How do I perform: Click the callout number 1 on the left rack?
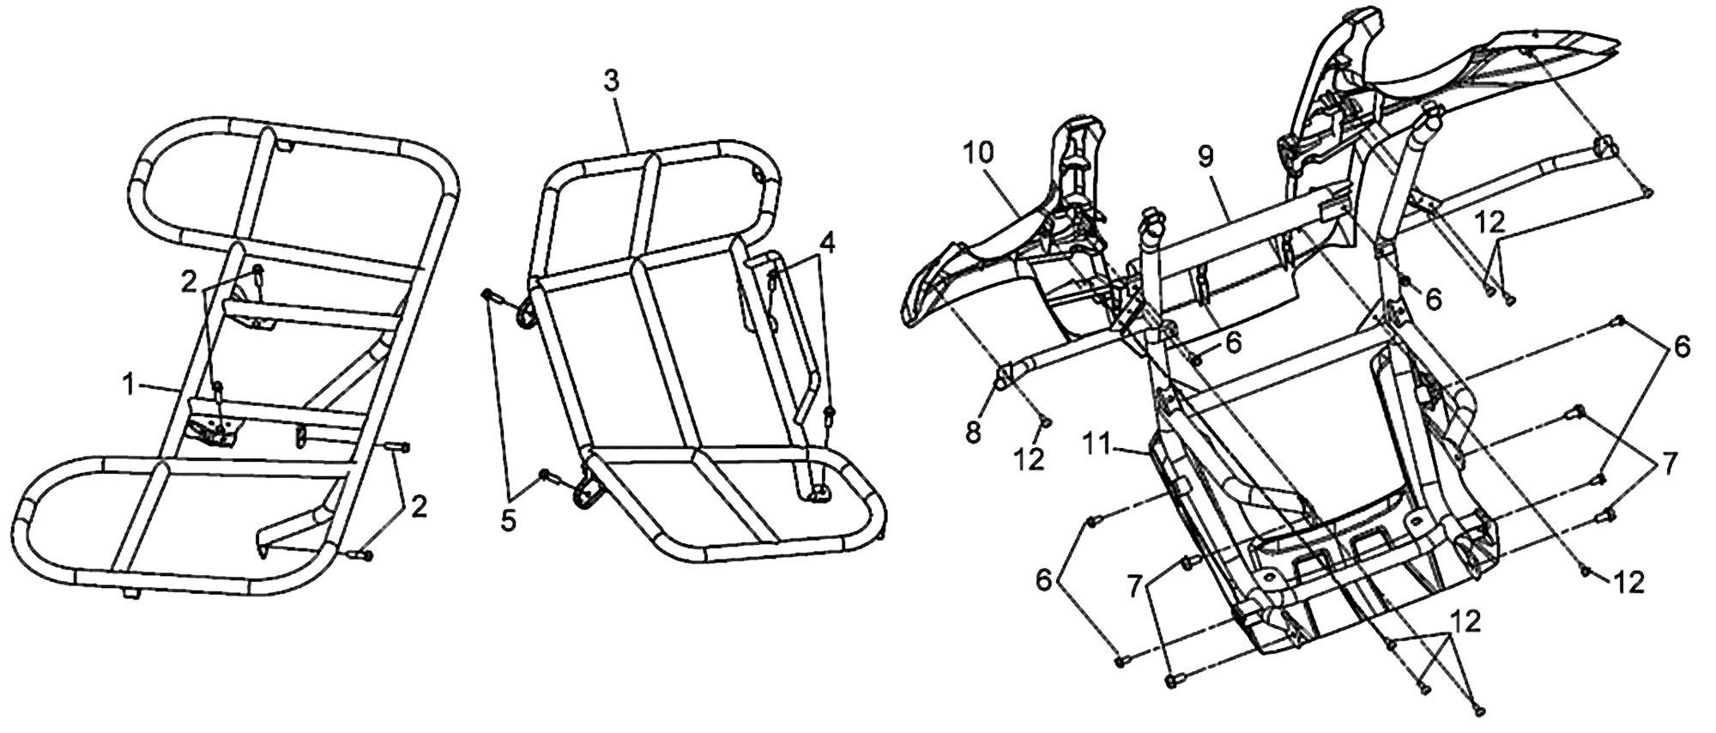point(128,387)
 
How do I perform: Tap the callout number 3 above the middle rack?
point(610,82)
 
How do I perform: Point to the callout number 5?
point(510,521)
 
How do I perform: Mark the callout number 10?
point(978,154)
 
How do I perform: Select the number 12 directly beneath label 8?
point(1030,459)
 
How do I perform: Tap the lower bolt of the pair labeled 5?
point(546,476)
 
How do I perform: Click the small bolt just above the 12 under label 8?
point(1046,421)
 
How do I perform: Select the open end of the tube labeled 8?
point(1000,379)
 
